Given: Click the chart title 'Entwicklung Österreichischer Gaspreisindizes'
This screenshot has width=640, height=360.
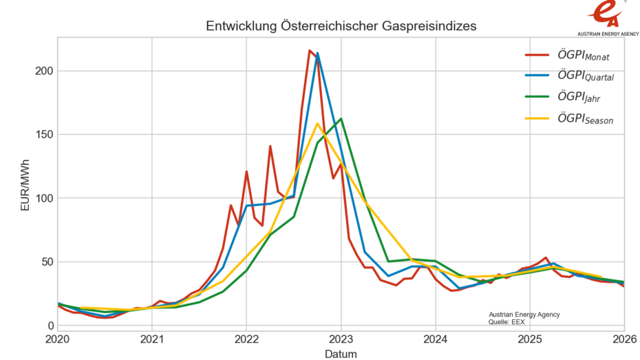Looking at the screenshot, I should tap(341, 26).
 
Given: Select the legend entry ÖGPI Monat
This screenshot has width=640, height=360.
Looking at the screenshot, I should tap(583, 55).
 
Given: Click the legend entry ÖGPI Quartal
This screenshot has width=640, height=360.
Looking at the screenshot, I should tap(586, 76).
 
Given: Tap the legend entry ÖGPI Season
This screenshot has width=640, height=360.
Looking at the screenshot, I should tap(585, 120).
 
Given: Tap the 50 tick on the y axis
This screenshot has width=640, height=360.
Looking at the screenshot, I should tap(46, 262).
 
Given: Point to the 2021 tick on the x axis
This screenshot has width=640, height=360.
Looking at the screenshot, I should tap(151, 339).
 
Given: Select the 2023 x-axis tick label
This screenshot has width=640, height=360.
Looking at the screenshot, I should tap(341, 339).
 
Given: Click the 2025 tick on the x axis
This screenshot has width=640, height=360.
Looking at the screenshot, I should tap(530, 339).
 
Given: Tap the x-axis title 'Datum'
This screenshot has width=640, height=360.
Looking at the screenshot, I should tap(341, 353).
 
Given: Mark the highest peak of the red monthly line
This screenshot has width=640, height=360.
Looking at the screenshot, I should tap(310, 50).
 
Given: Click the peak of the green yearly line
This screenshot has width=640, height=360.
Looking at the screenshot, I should tap(341, 119).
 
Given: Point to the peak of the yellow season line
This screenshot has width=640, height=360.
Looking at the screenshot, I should tap(317, 124).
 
